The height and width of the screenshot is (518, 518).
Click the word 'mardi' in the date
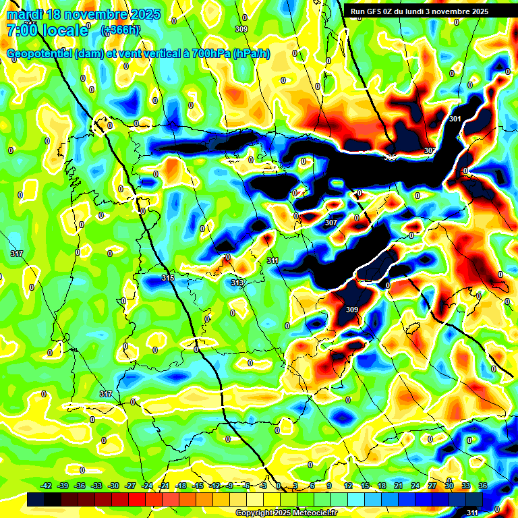click(x=24, y=14)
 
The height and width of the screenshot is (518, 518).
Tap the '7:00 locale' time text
click(x=47, y=30)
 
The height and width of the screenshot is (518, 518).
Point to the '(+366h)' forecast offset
click(x=120, y=30)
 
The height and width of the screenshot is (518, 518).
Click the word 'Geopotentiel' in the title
click(x=41, y=54)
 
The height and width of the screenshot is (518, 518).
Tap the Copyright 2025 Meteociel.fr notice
click(x=286, y=513)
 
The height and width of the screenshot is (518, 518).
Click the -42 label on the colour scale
click(x=47, y=486)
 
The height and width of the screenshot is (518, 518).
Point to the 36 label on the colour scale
click(x=483, y=486)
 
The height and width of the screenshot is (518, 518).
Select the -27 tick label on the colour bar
click(x=131, y=486)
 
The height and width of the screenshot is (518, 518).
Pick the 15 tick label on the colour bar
click(x=365, y=486)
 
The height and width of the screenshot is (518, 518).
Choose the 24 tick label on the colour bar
click(x=415, y=486)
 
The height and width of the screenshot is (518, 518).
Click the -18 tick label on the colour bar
click(x=181, y=486)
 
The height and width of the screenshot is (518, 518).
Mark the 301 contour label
click(x=455, y=119)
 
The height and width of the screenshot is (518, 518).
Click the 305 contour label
click(x=391, y=157)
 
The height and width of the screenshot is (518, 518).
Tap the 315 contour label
click(x=169, y=278)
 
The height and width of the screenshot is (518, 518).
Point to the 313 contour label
click(x=237, y=283)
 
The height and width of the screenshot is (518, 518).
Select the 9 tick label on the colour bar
click(x=329, y=486)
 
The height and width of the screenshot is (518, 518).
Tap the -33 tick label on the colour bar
click(x=97, y=486)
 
